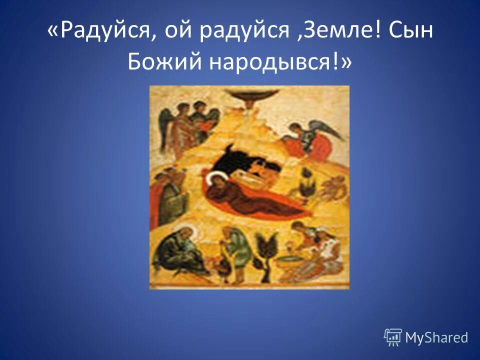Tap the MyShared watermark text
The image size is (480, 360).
436,337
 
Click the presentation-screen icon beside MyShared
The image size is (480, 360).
393,337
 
